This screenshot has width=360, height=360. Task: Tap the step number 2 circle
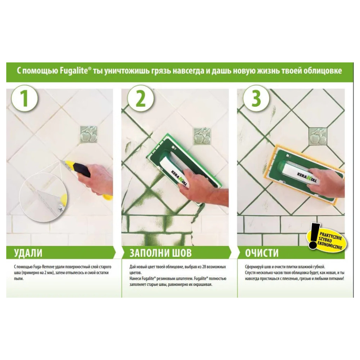pos(140,99)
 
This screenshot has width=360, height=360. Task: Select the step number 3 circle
pos(256,99)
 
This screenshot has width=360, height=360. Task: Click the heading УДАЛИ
pos(28,253)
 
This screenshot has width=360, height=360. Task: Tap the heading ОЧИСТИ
pos(262,253)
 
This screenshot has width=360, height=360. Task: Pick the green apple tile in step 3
pos(318,136)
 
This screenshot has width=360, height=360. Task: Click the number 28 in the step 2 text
pos(202,267)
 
